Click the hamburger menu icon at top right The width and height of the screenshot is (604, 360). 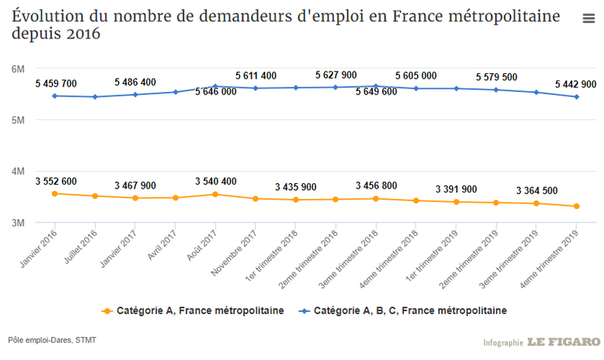tap(588, 19)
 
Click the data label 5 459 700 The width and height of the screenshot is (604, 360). tap(56, 83)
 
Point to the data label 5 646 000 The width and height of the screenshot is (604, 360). tap(215, 92)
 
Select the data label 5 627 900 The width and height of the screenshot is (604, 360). tap(336, 75)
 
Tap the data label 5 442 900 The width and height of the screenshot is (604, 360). tap(576, 84)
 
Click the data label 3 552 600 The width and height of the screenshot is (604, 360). tap(56, 182)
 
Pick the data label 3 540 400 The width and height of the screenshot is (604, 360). tap(215, 182)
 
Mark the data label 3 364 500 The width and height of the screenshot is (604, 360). tap(536, 190)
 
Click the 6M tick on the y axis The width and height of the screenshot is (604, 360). tap(19, 69)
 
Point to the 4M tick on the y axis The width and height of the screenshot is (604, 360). tap(19, 171)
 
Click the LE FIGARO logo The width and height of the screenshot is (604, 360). tap(564, 342)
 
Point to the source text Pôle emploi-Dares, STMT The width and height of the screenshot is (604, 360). tap(53, 340)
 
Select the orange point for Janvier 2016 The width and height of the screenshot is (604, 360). tap(54, 193)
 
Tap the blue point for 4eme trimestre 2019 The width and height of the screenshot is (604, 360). tap(576, 97)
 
